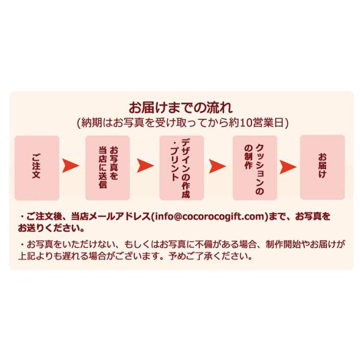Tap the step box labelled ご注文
37,167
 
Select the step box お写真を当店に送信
109,167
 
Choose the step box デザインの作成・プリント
181,167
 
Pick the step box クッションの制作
255,167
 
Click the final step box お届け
322,167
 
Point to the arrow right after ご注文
73,164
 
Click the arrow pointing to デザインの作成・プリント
145,164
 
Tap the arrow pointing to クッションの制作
218,164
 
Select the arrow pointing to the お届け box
289,164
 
